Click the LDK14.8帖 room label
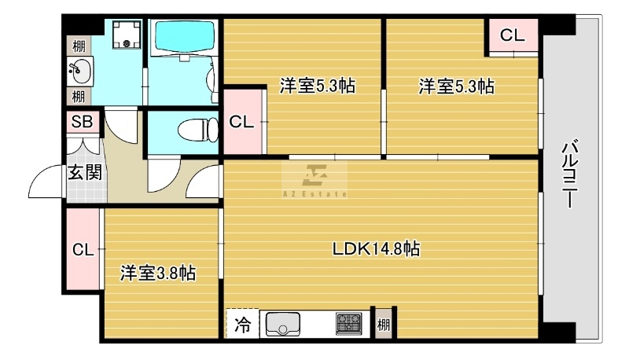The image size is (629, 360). coord(376,249)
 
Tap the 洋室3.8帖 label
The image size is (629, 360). coord(158,274)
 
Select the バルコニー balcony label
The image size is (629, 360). coord(568,173)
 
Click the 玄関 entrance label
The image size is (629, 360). coord(85,172)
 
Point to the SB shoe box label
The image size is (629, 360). coord(83,122)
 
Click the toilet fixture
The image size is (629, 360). coord(197,130)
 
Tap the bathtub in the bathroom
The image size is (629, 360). coord(185,36)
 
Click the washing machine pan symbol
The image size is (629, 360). coord(127,34)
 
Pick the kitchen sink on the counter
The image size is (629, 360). coord(283,324)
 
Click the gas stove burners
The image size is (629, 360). coord(348,324)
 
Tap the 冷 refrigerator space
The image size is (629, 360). coord(243,324)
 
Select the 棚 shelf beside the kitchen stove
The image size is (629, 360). coord(384,324)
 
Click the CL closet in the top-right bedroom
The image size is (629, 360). coord(513,35)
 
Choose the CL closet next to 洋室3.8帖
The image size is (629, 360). coord(83,249)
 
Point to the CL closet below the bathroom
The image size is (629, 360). coord(242,122)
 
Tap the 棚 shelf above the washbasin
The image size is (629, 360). coord(79,46)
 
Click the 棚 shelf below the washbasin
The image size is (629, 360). coord(79,96)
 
